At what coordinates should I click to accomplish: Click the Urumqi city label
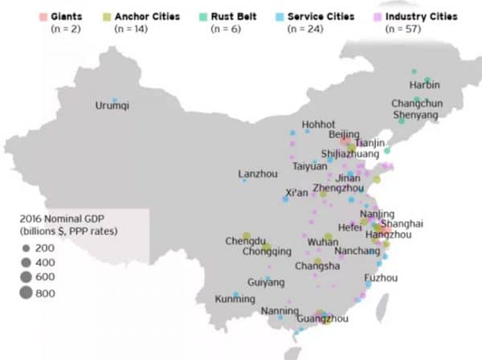click(113, 106)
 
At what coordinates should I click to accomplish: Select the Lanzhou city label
click(258, 174)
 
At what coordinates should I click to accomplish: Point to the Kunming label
click(235, 300)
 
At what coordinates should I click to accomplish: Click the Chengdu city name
click(245, 240)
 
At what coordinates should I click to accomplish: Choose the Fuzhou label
click(380, 278)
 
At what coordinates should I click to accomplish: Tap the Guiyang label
click(266, 282)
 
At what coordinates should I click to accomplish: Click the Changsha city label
click(316, 266)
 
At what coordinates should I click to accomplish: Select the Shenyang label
click(416, 116)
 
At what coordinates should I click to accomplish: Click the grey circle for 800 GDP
click(26, 292)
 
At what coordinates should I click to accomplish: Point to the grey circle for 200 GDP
click(26, 248)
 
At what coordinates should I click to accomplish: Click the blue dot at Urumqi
click(114, 100)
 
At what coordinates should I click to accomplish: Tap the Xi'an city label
click(297, 192)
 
